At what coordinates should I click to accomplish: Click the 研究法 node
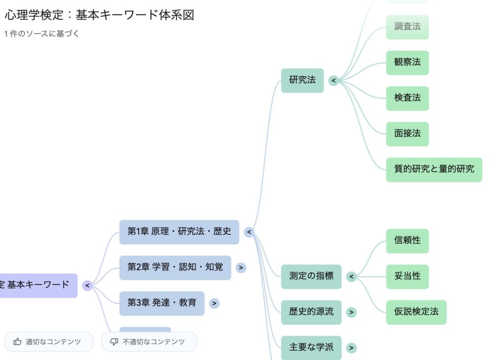coord(302,80)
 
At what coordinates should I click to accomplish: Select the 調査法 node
coord(407,27)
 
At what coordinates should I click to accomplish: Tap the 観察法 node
coord(407,63)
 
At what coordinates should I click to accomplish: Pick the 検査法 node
coord(407,98)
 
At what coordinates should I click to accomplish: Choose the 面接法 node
coord(407,134)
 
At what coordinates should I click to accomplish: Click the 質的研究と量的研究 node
coord(434,169)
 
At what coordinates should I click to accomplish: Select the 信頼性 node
coord(407,241)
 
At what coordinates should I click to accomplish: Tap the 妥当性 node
coord(407,276)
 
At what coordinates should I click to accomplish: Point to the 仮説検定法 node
coord(416,312)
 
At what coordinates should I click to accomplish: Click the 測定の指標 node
coord(311,276)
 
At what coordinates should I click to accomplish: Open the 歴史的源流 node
coord(311,312)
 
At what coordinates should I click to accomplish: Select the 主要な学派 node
coord(311,348)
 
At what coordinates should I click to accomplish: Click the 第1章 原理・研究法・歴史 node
coord(179,232)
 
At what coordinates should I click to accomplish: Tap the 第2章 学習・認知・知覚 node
coord(175,267)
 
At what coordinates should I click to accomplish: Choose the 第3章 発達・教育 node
coord(161,303)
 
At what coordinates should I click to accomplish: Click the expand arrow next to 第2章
coord(241,268)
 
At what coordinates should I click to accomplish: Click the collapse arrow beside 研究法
coord(334,80)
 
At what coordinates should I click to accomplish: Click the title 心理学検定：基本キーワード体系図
coord(99,15)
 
